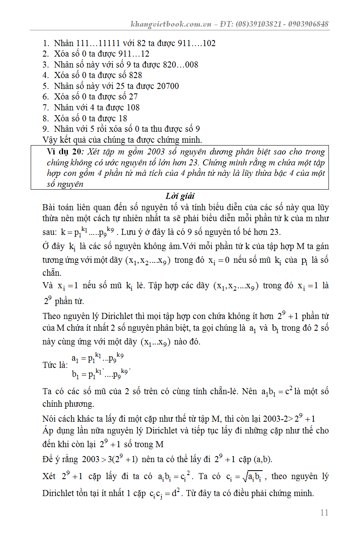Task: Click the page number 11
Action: pyautogui.click(x=324, y=513)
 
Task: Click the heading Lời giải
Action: pyautogui.click(x=180, y=196)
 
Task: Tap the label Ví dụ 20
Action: pyautogui.click(x=64, y=152)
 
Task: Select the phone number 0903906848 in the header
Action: pyautogui.click(x=309, y=24)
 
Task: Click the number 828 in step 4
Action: pyautogui.click(x=135, y=75)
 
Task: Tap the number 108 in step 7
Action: pyautogui.click(x=133, y=108)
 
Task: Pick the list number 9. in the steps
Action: pyautogui.click(x=46, y=129)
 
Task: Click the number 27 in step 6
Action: pyautogui.click(x=133, y=97)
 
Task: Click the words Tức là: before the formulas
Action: pyautogui.click(x=55, y=365)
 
